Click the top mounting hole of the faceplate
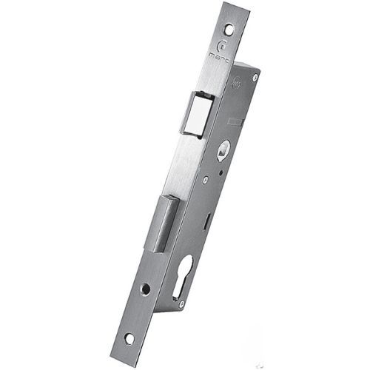tap(229, 30)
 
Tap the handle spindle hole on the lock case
tap(223, 146)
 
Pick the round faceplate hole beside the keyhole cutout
tap(147, 289)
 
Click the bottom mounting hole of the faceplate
tap(129, 337)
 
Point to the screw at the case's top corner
tap(255, 76)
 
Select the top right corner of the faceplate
tap(248, 7)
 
